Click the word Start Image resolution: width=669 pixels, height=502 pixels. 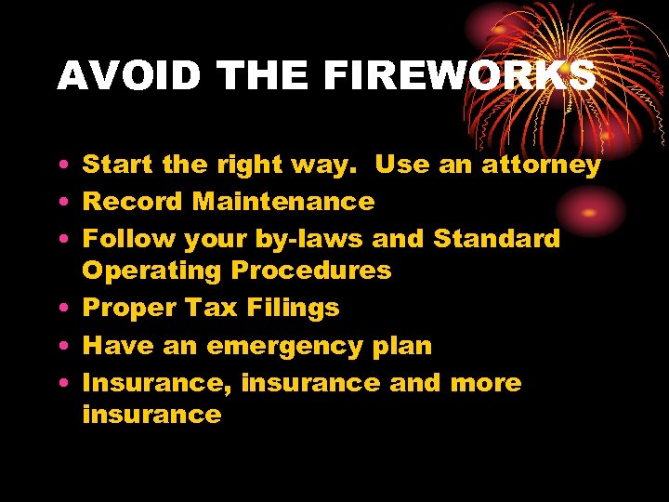pyautogui.click(x=118, y=165)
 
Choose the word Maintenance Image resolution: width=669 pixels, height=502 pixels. pyautogui.click(x=283, y=201)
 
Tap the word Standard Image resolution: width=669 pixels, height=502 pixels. pyautogui.click(x=497, y=238)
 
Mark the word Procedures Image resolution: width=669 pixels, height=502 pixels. pyautogui.click(x=311, y=271)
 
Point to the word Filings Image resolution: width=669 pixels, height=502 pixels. pyautogui.click(x=295, y=309)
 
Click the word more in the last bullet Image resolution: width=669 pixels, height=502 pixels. pyautogui.click(x=486, y=382)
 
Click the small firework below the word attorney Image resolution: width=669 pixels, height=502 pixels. pyautogui.click(x=588, y=212)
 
